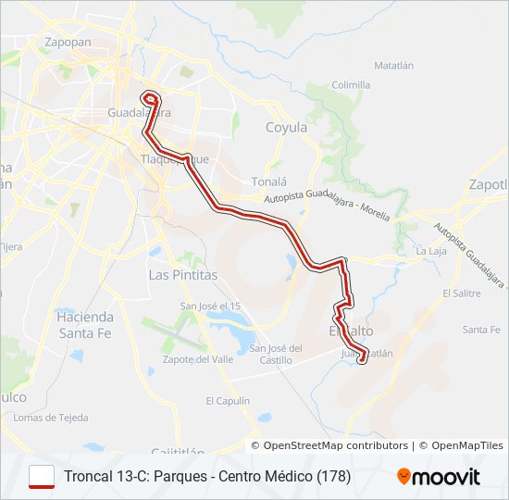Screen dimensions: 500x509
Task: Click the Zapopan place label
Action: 68,42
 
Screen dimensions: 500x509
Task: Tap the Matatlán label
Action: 393,66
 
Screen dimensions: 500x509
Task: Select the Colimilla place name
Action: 351,84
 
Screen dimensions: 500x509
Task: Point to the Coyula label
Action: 286,128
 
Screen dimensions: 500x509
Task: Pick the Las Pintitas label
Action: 183,275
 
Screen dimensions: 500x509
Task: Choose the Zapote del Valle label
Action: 196,358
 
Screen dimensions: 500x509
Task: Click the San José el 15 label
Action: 209,306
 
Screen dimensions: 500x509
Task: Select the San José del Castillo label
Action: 276,354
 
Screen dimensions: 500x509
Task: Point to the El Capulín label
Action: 228,401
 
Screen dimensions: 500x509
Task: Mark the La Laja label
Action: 430,251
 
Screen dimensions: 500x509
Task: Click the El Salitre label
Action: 461,293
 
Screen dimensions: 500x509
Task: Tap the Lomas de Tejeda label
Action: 50,418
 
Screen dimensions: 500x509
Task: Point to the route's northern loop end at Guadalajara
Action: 150,97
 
